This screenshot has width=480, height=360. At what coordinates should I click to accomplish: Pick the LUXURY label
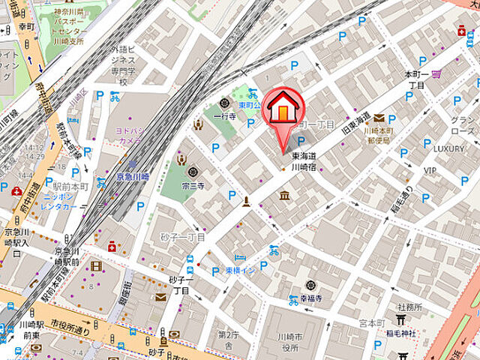(448, 148)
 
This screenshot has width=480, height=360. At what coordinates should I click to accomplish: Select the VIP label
(430, 170)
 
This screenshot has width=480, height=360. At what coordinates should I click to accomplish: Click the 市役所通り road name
(71, 325)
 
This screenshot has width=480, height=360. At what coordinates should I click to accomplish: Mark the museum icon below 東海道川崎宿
(284, 196)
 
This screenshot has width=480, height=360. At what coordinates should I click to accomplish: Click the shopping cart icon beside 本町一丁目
(436, 73)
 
